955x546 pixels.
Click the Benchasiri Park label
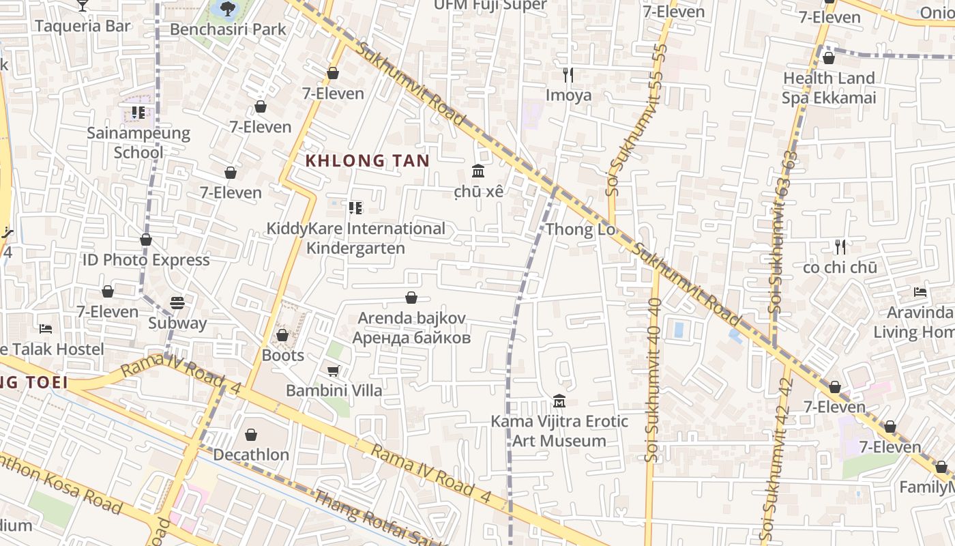coord(228,29)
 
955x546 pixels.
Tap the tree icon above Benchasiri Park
coord(228,9)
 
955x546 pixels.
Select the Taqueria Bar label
coord(83,26)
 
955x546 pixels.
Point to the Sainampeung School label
coord(138,142)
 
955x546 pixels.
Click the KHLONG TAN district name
coord(367,161)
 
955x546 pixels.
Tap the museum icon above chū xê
coord(478,171)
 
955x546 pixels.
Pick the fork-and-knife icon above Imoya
coord(568,74)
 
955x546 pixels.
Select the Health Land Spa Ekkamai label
coord(829,88)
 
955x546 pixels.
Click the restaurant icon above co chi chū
coord(840,246)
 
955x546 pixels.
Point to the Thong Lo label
coord(581,229)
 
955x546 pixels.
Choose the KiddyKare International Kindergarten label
coord(355,238)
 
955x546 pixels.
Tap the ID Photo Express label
coord(146,260)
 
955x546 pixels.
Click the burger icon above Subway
coord(177,302)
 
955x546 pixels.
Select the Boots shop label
coord(282,356)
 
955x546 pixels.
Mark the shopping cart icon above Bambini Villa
coord(334,371)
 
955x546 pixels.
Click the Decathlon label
coord(251,455)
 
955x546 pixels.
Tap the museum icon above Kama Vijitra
coord(559,401)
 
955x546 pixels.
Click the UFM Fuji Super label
coord(490,5)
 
